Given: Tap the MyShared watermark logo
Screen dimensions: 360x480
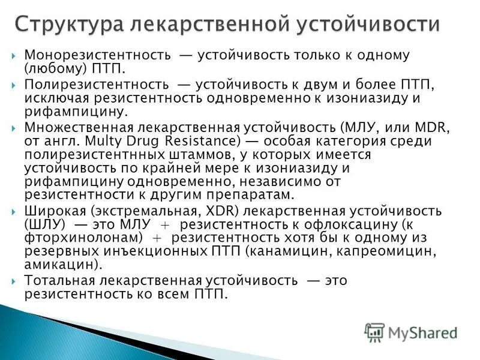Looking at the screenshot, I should click(410, 332).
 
